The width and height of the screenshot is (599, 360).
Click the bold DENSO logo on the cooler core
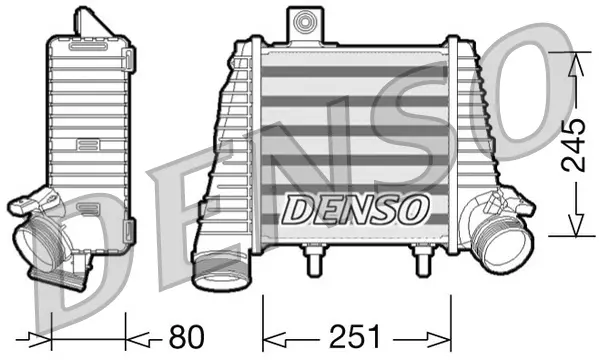click(356, 209)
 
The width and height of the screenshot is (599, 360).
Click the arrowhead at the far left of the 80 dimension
click(34, 334)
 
